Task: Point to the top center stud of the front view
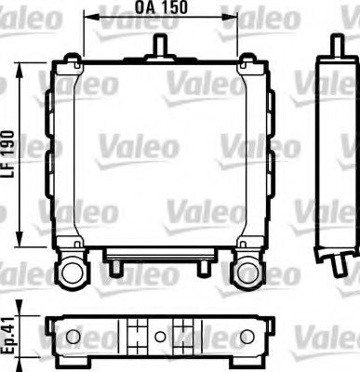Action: click(160, 44)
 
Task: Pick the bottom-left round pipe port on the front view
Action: click(71, 272)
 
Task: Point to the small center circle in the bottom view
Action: click(160, 336)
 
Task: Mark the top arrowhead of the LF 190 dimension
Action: click(20, 67)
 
